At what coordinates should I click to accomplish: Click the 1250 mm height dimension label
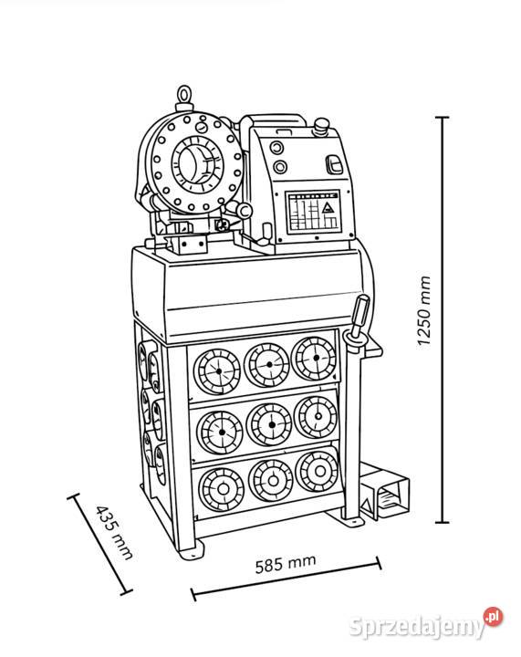click(424, 310)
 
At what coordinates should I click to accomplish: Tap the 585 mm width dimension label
click(286, 564)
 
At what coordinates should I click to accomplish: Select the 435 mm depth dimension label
click(114, 532)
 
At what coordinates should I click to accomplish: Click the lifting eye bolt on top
click(184, 98)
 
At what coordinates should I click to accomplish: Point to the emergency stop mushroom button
click(321, 125)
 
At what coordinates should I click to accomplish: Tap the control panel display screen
click(313, 212)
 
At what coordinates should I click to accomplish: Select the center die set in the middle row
click(269, 425)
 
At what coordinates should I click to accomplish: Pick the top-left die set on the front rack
click(217, 371)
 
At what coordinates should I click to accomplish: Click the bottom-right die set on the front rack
click(317, 471)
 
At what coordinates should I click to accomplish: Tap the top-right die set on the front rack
click(315, 359)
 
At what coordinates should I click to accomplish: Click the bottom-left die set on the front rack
click(222, 488)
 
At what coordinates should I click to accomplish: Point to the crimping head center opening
click(196, 162)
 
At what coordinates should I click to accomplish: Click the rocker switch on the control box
click(335, 164)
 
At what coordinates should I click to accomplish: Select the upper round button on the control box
click(276, 148)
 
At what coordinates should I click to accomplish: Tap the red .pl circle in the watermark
click(493, 616)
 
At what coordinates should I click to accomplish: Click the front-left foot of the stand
click(191, 549)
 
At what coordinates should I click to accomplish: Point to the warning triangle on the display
click(327, 207)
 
